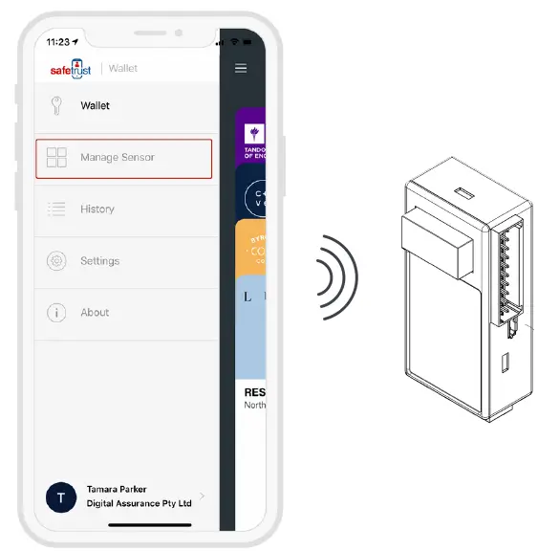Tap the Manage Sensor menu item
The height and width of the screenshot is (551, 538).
coord(123,158)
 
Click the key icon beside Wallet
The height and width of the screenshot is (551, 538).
coord(56,106)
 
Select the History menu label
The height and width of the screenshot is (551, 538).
coord(97,209)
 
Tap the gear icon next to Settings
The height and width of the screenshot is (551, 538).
coord(56,261)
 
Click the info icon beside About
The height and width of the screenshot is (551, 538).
coord(56,313)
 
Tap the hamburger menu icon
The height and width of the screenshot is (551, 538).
coord(241,69)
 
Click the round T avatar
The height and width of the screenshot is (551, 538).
coord(62,496)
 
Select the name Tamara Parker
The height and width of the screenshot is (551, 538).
coord(117,489)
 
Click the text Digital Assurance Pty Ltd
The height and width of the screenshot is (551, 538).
coord(139,503)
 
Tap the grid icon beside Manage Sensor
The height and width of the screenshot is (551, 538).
coord(56,158)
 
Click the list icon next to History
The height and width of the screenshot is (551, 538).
coord(56,209)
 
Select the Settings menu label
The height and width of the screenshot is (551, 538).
coord(100,261)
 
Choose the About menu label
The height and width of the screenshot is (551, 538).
coord(95,313)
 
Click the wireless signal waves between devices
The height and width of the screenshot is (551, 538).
coord(337,277)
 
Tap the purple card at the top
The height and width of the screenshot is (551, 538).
coord(251,136)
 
